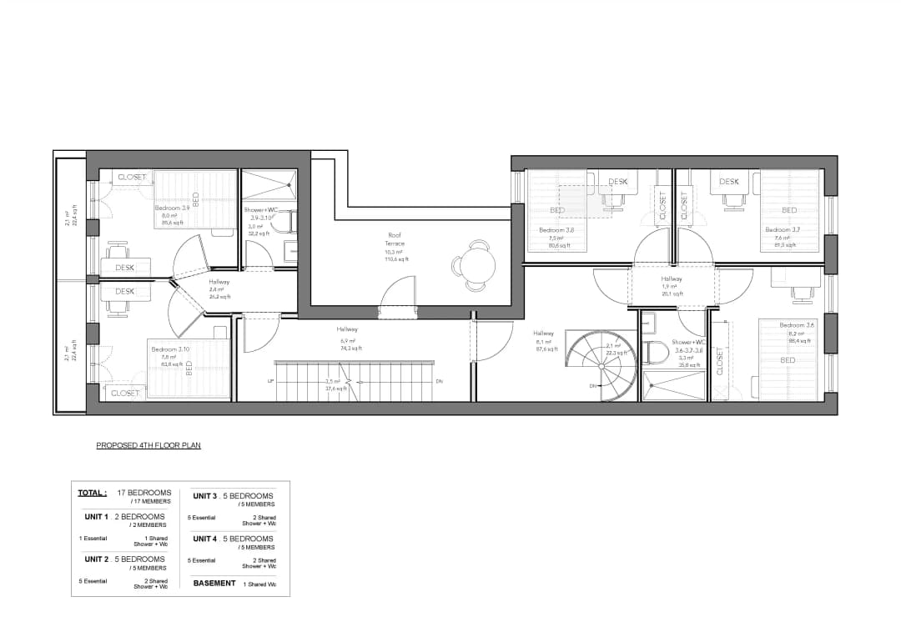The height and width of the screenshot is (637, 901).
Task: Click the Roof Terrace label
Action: click(395, 239)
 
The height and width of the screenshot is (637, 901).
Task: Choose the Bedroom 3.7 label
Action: click(783, 229)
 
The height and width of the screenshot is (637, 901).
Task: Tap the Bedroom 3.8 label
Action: click(556, 230)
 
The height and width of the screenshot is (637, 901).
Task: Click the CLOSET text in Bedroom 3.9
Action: click(132, 178)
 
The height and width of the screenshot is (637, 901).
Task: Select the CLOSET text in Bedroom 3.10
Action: click(125, 393)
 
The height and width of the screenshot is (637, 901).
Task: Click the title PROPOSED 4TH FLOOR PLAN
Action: click(148, 446)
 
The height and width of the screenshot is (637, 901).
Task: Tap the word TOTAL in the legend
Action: click(92, 493)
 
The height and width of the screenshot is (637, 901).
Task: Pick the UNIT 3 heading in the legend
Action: click(205, 496)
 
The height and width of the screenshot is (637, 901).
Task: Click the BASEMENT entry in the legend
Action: click(214, 584)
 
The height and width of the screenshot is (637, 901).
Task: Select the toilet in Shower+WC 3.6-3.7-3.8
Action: click(656, 354)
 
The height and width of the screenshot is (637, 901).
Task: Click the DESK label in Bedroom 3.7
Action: click(729, 182)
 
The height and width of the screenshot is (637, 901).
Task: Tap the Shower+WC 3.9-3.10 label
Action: click(261, 213)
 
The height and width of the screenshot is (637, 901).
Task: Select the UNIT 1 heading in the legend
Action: click(97, 517)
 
